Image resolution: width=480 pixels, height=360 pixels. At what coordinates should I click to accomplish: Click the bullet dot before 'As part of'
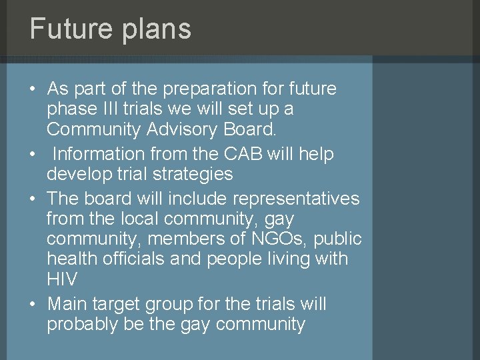(x=33, y=89)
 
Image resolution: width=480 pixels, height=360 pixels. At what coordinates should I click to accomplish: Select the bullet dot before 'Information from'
(x=33, y=155)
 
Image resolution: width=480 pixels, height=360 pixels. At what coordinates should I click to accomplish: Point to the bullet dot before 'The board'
(x=33, y=199)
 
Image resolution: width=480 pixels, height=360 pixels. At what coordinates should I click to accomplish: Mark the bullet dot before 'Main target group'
(x=33, y=305)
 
